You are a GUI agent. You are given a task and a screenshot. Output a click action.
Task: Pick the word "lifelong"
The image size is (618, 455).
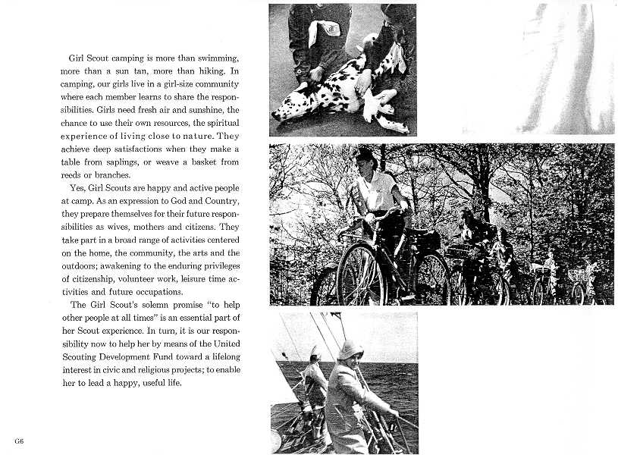(x=222, y=356)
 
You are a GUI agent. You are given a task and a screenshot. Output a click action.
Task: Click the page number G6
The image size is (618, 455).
(x=18, y=441)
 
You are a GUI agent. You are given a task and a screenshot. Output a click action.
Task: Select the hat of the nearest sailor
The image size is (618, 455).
(x=351, y=350)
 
